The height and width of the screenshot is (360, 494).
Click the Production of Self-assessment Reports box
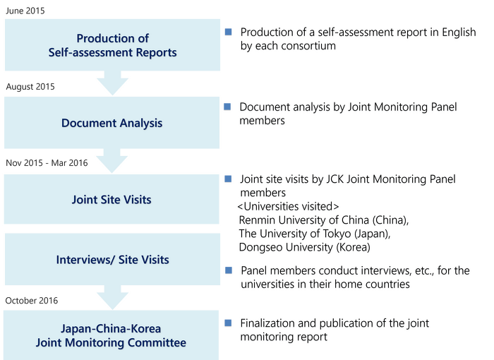(x=112, y=45)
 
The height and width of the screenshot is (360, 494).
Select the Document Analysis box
(x=112, y=123)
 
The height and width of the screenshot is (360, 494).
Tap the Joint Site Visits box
(x=112, y=200)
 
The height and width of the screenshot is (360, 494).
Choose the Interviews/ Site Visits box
(x=112, y=260)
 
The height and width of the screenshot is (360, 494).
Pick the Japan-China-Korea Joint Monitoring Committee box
(x=112, y=336)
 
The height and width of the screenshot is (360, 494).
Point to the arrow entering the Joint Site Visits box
(x=112, y=162)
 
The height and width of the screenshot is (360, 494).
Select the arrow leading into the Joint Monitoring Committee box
(x=112, y=297)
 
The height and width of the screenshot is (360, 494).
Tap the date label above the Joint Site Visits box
(x=47, y=163)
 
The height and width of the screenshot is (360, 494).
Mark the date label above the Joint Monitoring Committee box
(x=32, y=300)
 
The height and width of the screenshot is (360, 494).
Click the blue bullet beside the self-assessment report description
(x=227, y=32)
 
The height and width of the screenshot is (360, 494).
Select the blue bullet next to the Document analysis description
(x=227, y=108)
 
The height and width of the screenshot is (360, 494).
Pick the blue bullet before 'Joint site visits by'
(x=227, y=179)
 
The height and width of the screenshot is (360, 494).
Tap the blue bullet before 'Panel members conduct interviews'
(x=227, y=271)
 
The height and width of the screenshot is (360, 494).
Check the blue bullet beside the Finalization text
(x=227, y=323)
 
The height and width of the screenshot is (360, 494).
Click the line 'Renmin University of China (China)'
(x=324, y=221)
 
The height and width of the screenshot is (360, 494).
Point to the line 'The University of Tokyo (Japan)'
(x=315, y=235)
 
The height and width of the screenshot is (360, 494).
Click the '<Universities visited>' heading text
(x=290, y=207)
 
